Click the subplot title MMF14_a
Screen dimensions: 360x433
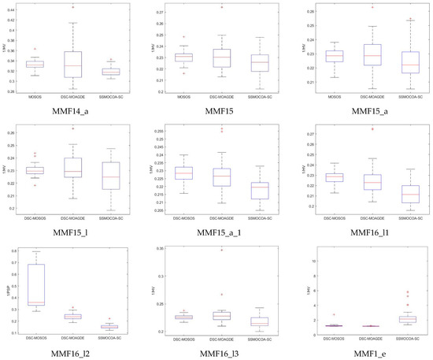pyautogui.click(x=73, y=111)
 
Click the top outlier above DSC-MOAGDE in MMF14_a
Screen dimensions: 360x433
pyautogui.click(x=72, y=7)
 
